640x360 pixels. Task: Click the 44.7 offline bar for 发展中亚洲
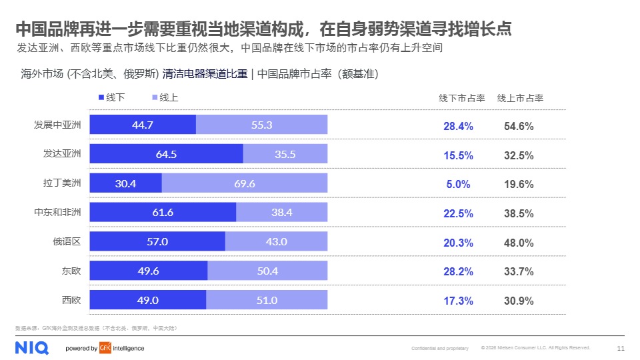click(143, 125)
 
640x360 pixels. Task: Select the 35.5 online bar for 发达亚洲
click(285, 154)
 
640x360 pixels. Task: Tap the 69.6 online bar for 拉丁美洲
click(245, 183)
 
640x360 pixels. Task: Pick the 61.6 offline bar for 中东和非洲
click(163, 213)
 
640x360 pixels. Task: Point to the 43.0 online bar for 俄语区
click(276, 241)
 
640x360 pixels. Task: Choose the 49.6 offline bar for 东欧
click(148, 271)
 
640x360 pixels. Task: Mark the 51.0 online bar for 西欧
click(267, 300)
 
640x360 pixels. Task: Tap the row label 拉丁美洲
click(62, 183)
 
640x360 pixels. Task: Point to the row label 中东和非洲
click(57, 213)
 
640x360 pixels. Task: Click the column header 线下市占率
click(461, 98)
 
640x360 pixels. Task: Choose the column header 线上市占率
click(520, 98)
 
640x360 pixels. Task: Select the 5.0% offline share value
click(459, 185)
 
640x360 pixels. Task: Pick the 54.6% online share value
click(519, 126)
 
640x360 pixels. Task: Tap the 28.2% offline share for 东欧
click(459, 271)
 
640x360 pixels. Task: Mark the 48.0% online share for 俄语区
click(519, 243)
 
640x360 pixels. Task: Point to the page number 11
click(621, 348)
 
